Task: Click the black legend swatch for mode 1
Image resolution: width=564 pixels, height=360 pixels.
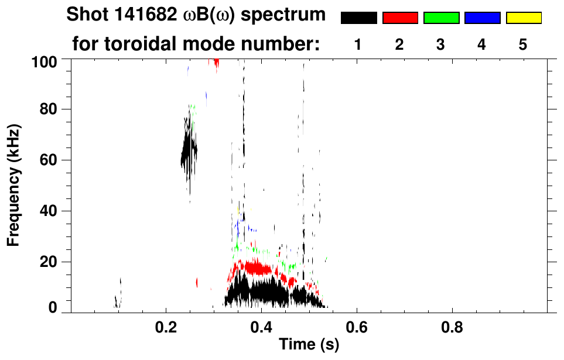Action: tap(358, 18)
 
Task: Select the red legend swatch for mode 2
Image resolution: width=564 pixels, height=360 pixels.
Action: tap(400, 18)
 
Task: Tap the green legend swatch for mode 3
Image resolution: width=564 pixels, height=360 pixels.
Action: tap(441, 18)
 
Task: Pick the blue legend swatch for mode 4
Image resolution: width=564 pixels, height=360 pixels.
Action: tap(482, 18)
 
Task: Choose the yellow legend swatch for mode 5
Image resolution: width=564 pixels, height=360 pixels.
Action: tap(523, 18)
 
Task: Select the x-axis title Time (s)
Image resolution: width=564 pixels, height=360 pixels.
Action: tap(309, 345)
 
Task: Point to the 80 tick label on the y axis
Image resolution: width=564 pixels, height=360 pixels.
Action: tap(48, 109)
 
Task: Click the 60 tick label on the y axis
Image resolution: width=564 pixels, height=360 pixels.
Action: tap(48, 160)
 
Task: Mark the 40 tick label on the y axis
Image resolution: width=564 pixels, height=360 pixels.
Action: tap(48, 211)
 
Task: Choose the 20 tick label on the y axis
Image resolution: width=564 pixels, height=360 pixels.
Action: tap(48, 262)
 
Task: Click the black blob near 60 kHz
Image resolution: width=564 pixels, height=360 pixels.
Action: tap(189, 151)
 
